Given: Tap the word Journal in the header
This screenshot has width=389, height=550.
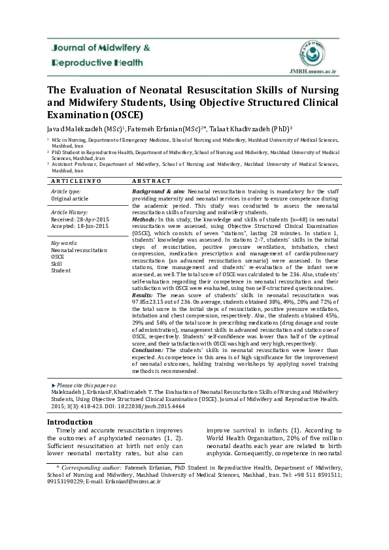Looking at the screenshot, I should (65, 48).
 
